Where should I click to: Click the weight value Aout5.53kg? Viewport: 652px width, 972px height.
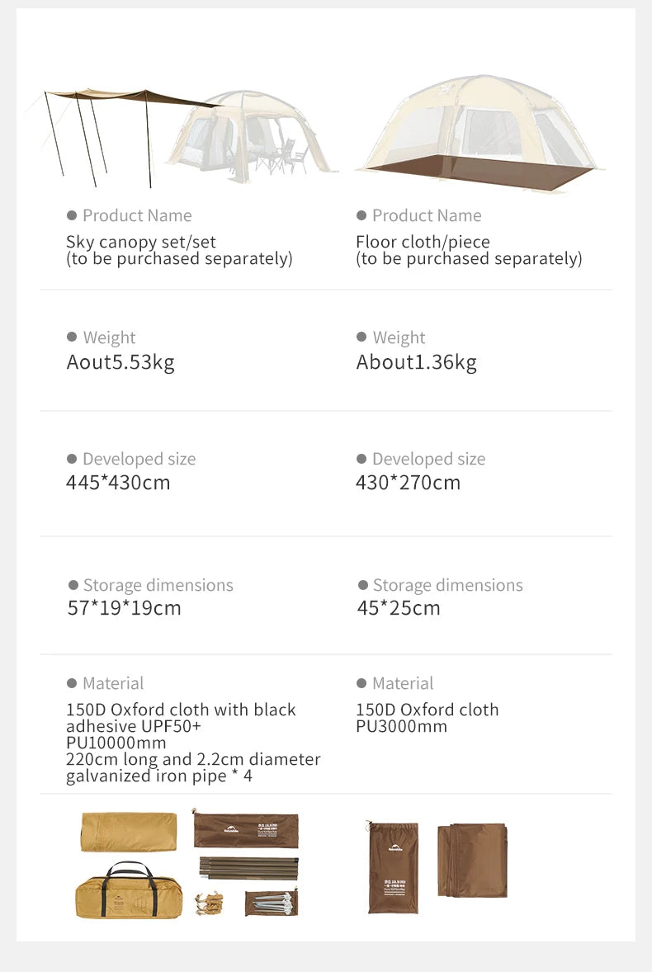(x=120, y=362)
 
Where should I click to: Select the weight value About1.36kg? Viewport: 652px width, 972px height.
(x=416, y=362)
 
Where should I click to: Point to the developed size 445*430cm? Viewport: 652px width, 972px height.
(x=118, y=483)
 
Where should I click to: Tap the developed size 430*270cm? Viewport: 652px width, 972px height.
(x=408, y=483)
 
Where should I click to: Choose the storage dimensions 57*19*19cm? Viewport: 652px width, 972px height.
(x=124, y=608)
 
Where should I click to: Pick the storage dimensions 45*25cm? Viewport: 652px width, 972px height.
(x=399, y=608)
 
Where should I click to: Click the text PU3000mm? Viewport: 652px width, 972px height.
(x=401, y=726)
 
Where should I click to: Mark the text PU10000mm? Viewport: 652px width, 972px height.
(x=116, y=743)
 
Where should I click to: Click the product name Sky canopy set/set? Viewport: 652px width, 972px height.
(x=141, y=242)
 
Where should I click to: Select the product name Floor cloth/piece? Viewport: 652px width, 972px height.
(x=423, y=242)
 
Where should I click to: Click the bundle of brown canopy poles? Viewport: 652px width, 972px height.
(x=248, y=868)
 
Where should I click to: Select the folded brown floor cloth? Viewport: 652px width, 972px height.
(x=472, y=860)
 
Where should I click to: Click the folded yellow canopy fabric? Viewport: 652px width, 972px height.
(x=129, y=832)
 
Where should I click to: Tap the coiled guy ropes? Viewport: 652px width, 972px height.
(x=209, y=903)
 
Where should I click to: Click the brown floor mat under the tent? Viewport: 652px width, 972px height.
(x=479, y=174)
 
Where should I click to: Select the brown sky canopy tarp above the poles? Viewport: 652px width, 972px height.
(x=132, y=97)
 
